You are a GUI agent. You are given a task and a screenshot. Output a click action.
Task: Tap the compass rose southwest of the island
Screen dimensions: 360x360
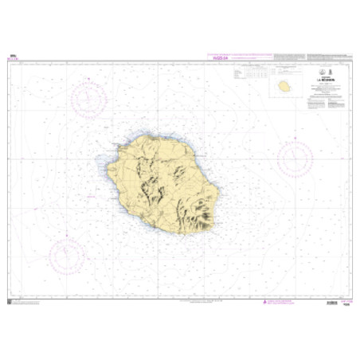67,256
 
